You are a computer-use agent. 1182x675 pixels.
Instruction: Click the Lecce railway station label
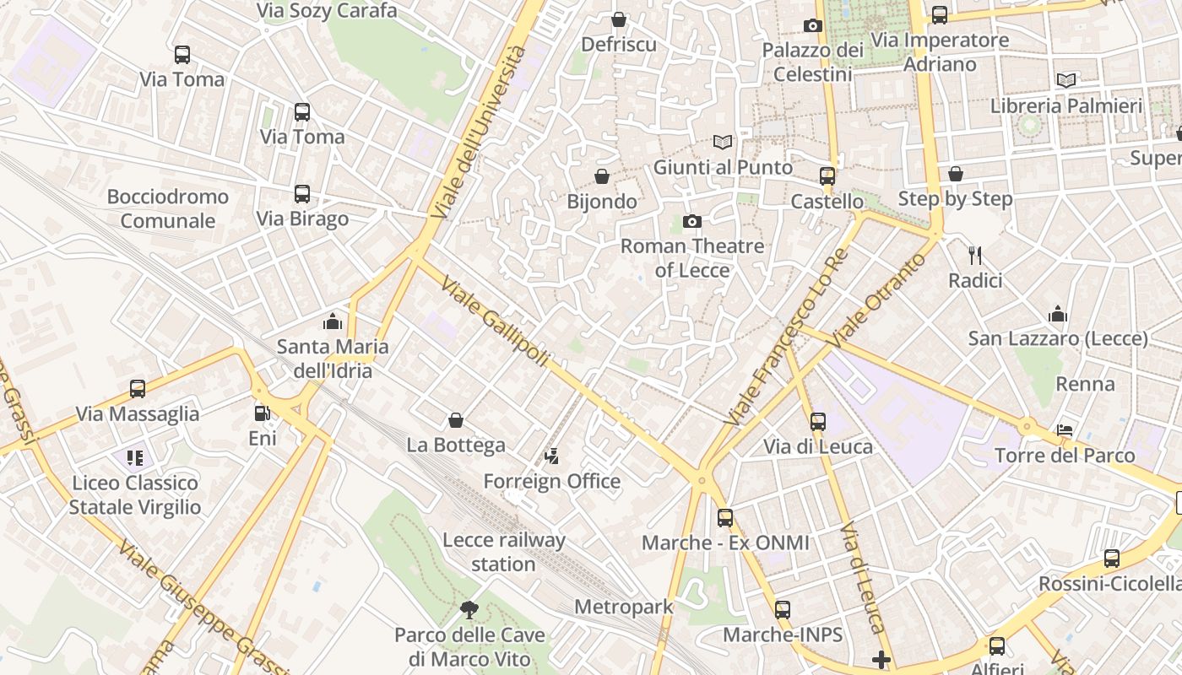pyautogui.click(x=503, y=552)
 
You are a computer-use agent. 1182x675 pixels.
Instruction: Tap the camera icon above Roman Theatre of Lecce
pyautogui.click(x=692, y=221)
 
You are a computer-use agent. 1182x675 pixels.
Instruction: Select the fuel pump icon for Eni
pyautogui.click(x=263, y=413)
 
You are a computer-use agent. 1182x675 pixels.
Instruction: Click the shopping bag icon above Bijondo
pyautogui.click(x=602, y=176)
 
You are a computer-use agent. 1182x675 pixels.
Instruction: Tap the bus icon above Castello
pyautogui.click(x=827, y=176)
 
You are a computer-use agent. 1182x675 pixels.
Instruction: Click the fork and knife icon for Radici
pyautogui.click(x=975, y=255)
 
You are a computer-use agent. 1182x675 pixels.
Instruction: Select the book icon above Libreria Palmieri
pyautogui.click(x=1066, y=80)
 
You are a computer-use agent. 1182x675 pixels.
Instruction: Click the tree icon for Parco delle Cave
pyautogui.click(x=469, y=609)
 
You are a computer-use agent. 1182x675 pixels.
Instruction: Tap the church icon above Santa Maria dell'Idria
pyautogui.click(x=333, y=321)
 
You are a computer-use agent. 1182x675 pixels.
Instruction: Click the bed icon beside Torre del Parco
pyautogui.click(x=1065, y=430)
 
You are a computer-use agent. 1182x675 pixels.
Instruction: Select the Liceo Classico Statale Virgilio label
pyautogui.click(x=135, y=494)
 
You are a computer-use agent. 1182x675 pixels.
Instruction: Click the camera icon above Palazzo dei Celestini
pyautogui.click(x=813, y=25)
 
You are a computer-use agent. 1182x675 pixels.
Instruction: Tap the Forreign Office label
pyautogui.click(x=551, y=481)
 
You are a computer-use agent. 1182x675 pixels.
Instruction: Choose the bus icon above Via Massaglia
pyautogui.click(x=138, y=389)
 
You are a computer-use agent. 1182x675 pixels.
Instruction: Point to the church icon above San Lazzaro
pyautogui.click(x=1058, y=315)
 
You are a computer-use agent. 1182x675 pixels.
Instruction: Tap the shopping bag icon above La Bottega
pyautogui.click(x=456, y=420)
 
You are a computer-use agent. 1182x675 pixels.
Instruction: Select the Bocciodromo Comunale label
pyautogui.click(x=168, y=208)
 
